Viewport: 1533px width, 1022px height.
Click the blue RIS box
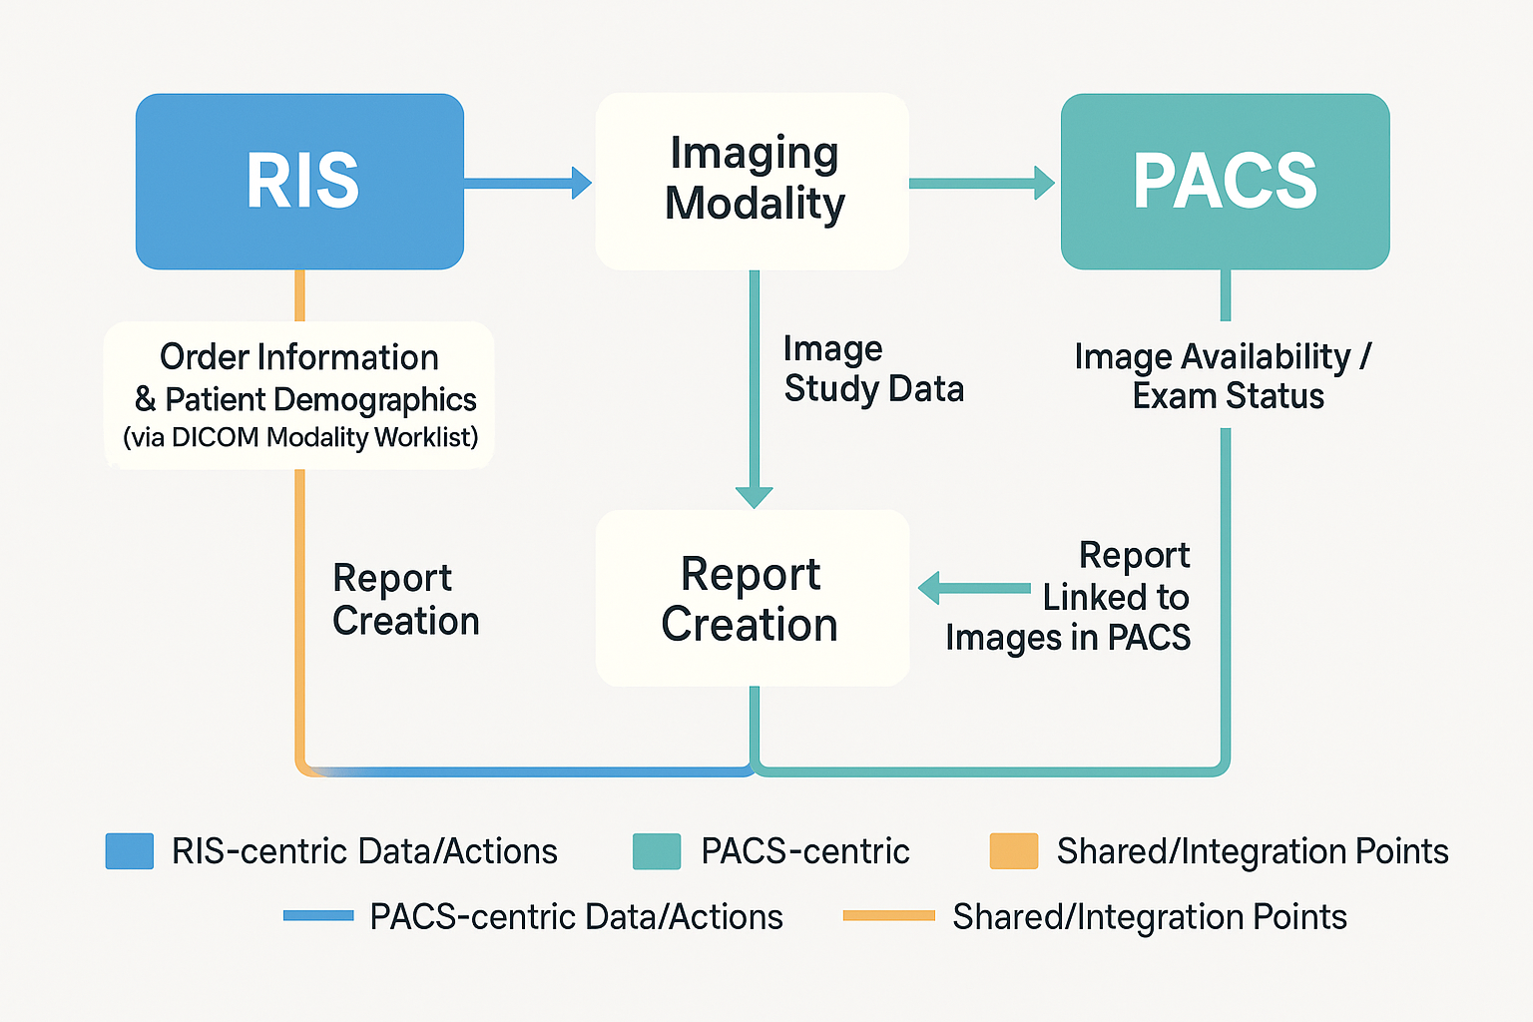299,181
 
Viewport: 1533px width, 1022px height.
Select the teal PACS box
1225,181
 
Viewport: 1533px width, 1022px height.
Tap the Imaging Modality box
753,181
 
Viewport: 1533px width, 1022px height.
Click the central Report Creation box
752,599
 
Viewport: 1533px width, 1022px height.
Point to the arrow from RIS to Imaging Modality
527,183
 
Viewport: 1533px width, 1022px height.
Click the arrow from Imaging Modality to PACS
981,183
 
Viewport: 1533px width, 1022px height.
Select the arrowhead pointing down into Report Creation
755,496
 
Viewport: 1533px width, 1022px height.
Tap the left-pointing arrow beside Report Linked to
973,589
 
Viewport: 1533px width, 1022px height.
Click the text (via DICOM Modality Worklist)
300,437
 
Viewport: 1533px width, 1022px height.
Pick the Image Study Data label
872,368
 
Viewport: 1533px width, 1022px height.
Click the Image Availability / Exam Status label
1225,376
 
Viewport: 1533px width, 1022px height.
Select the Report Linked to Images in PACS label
1088,597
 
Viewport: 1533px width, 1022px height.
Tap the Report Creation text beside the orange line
404,599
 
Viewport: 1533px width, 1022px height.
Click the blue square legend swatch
130,851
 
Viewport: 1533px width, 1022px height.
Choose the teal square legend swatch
657,851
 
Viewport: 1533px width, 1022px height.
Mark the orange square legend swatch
1013,851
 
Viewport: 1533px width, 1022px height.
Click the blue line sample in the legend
318,915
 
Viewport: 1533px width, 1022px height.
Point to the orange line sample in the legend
888,915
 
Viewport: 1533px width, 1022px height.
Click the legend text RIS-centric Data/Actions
364,851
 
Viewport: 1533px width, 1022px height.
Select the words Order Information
299,357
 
